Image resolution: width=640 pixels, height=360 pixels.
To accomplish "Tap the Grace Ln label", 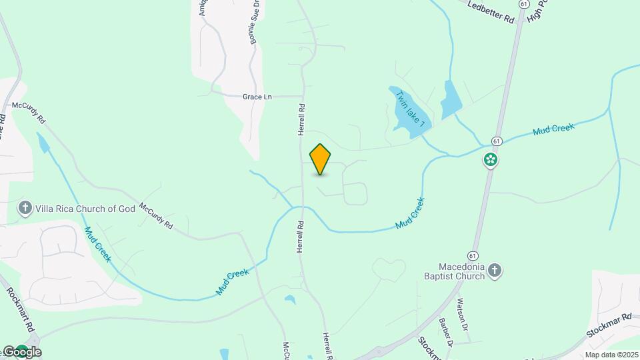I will coord(257,97).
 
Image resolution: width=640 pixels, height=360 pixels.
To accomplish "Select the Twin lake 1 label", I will coord(411,109).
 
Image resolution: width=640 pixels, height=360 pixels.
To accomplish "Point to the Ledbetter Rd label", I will coord(491,13).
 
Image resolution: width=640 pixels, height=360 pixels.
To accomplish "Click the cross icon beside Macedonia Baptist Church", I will coord(494,270).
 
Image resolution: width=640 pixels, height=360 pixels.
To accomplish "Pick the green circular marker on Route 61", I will coord(491,159).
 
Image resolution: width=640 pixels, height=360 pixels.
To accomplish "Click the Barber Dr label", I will coord(446,335).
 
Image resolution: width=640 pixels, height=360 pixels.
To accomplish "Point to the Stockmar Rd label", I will coord(608,325).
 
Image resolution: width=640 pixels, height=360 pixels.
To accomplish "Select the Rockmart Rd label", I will coord(20,310).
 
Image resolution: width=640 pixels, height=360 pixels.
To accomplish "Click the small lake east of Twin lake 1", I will coord(451,100).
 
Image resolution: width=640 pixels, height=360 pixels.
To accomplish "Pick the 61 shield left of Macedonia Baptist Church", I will coord(473,255).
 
